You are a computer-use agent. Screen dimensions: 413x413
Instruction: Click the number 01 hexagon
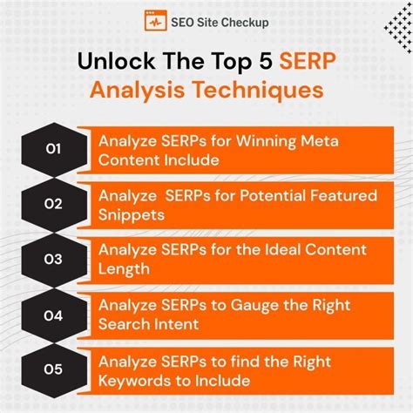click(x=53, y=150)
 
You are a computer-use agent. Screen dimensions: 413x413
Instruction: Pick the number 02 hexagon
click(x=53, y=205)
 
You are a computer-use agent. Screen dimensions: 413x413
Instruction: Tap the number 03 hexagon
click(x=53, y=260)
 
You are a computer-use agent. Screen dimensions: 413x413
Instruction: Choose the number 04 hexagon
click(x=53, y=315)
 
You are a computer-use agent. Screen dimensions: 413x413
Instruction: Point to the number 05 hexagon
click(x=53, y=369)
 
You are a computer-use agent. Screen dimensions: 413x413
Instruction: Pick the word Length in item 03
click(x=124, y=269)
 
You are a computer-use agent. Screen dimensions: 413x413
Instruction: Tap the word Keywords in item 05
click(x=135, y=380)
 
